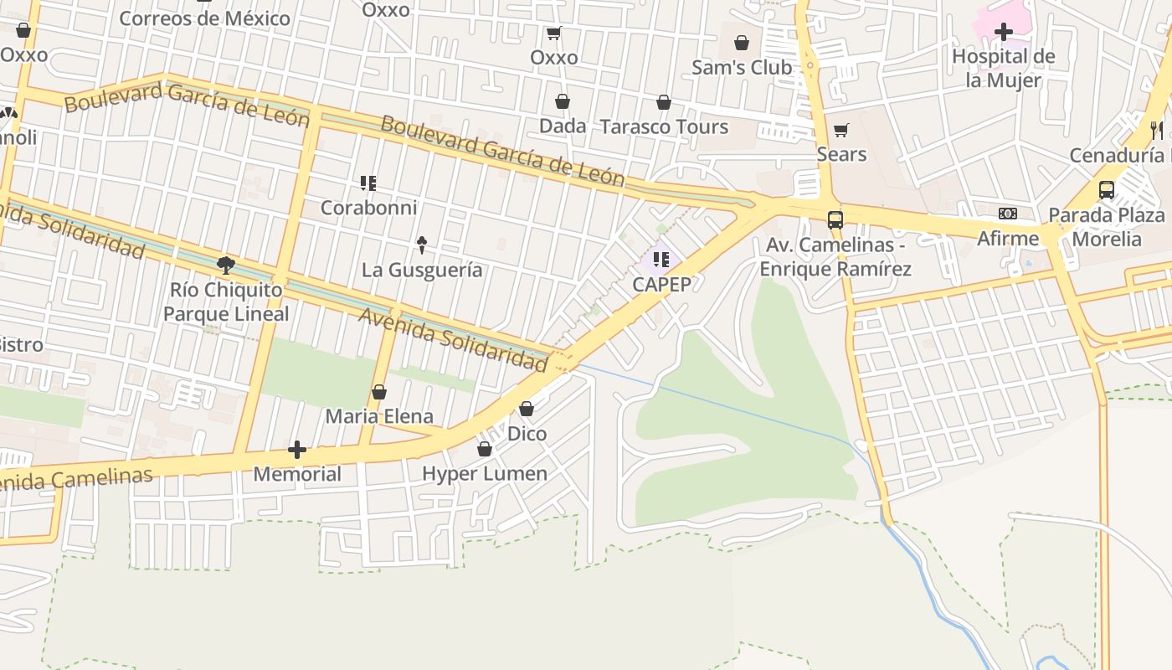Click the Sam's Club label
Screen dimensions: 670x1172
[x=741, y=68]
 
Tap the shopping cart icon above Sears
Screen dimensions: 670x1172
[x=840, y=130]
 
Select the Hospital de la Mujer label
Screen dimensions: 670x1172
[x=1003, y=69]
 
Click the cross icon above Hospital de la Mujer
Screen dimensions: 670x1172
[x=1003, y=33]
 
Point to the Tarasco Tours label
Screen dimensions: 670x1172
[x=664, y=127]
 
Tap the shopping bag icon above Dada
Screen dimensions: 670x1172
[x=563, y=101]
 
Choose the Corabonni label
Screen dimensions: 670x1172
[x=368, y=208]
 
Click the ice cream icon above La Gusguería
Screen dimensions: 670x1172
[x=422, y=245]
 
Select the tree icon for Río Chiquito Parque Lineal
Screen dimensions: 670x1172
[x=225, y=265]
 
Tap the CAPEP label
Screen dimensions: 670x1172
[x=661, y=285]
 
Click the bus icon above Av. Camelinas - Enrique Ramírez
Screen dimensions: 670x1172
[x=835, y=219]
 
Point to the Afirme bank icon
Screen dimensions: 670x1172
[x=1008, y=214]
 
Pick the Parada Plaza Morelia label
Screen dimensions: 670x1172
[x=1106, y=227]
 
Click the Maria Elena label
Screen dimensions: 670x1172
[x=379, y=416]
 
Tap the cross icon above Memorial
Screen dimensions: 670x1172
[x=296, y=450]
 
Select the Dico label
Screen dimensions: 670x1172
[x=527, y=434]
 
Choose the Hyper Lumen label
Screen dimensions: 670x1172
[x=484, y=474]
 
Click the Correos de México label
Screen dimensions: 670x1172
[x=204, y=18]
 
